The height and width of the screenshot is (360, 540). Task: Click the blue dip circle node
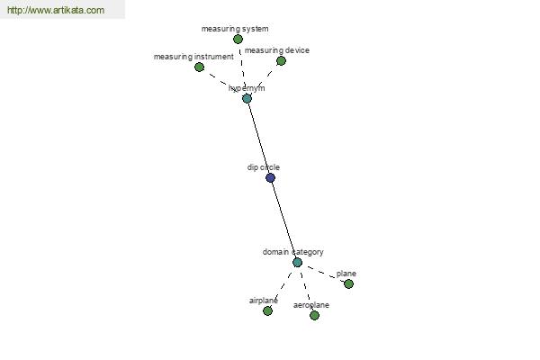270,178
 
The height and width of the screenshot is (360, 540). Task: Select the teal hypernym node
247,98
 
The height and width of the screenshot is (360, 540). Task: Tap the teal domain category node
297,263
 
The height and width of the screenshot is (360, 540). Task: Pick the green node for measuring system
238,40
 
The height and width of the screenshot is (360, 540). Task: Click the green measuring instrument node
199,67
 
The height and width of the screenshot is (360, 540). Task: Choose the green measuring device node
281,61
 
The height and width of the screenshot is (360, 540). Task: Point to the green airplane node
267,311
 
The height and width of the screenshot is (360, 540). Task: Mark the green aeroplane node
314,315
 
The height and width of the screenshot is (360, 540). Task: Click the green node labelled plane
348,283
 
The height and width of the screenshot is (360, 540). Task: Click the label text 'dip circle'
264,167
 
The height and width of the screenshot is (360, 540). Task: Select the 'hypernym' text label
247,88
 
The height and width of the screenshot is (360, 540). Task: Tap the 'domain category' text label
293,252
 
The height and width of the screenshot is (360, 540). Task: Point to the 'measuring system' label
235,29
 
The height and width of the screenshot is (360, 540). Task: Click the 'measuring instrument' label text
193,57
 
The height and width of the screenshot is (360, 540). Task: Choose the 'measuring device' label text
277,50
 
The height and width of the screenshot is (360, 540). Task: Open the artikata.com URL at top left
56,10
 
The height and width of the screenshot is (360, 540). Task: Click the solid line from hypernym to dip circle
258,138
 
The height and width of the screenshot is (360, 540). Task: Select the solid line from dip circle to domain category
283,220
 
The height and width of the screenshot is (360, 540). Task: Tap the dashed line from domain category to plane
323,274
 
